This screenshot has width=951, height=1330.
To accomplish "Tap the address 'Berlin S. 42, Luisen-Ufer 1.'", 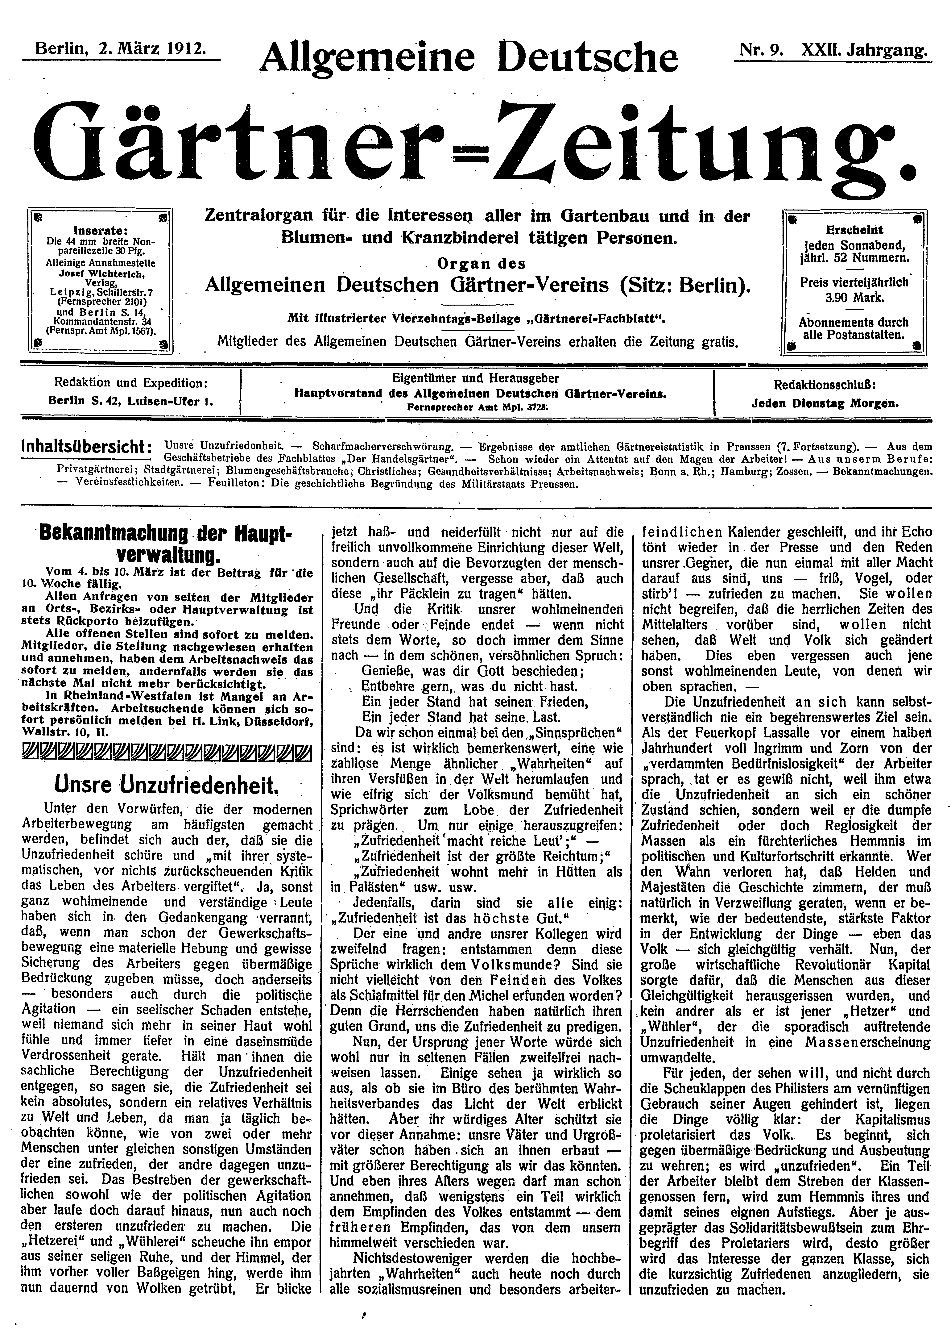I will pos(131,402).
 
